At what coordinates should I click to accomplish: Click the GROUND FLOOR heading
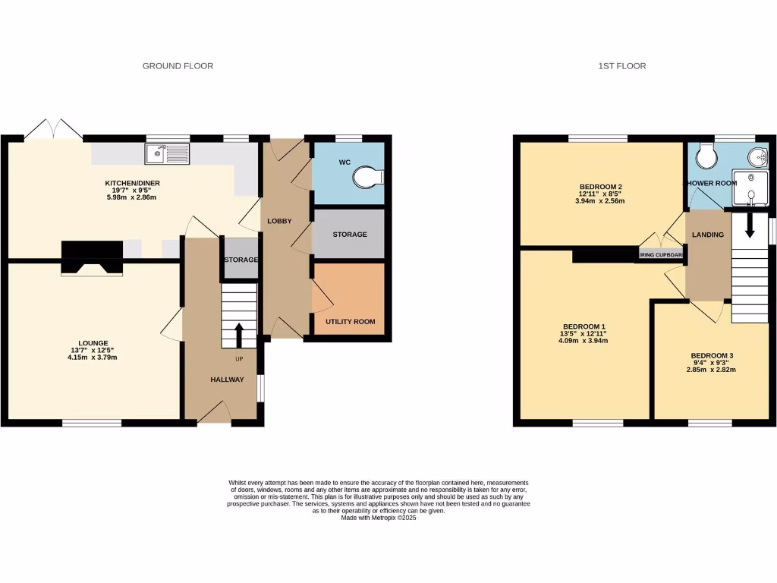[x=178, y=66]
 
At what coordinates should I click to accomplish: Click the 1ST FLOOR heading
[x=621, y=66]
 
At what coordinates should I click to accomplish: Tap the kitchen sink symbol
[x=167, y=155]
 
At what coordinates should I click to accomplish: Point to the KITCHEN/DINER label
[x=132, y=183]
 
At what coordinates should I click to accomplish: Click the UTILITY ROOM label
[x=350, y=322]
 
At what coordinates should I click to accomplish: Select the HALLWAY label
[x=227, y=380]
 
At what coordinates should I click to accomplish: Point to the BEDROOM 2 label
[x=600, y=187]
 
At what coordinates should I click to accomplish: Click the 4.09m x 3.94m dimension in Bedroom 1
[x=583, y=341]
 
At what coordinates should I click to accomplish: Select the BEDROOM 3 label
[x=712, y=355]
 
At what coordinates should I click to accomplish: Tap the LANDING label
[x=707, y=235]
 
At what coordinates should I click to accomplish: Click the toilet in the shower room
[x=706, y=155]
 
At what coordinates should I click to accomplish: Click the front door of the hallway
[x=214, y=414]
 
